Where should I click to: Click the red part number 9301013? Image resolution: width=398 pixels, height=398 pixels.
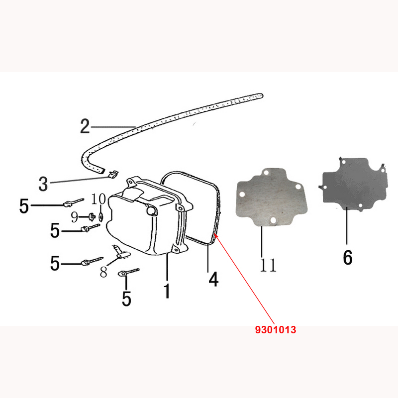pos(276,330)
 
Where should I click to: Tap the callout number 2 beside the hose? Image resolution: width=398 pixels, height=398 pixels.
pos(85,126)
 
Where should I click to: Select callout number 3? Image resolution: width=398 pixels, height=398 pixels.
pos(43,184)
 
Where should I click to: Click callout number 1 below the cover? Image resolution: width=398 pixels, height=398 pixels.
pos(167,291)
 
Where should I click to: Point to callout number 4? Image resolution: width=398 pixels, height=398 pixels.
pos(213,279)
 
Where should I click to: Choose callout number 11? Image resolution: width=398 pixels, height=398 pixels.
pos(268,265)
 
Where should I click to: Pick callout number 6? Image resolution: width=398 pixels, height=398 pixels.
pos(348,257)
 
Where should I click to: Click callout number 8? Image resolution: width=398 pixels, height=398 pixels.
pos(103,272)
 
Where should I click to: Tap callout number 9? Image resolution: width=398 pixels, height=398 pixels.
pos(74,217)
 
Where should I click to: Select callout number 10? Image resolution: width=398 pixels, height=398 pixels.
pos(99,199)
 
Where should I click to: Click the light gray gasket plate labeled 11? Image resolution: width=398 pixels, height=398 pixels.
pos(272,197)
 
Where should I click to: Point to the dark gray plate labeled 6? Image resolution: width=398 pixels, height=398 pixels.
pos(353,185)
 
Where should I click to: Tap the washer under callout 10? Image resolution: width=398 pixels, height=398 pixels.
pos(101,217)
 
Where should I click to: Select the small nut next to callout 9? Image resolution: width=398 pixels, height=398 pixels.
pos(92,217)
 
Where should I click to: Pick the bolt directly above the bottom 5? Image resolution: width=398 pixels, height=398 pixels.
pos(129,272)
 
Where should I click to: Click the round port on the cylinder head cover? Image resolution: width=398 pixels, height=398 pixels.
pos(151,210)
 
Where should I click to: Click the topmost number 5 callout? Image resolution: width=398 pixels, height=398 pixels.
pos(24,206)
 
